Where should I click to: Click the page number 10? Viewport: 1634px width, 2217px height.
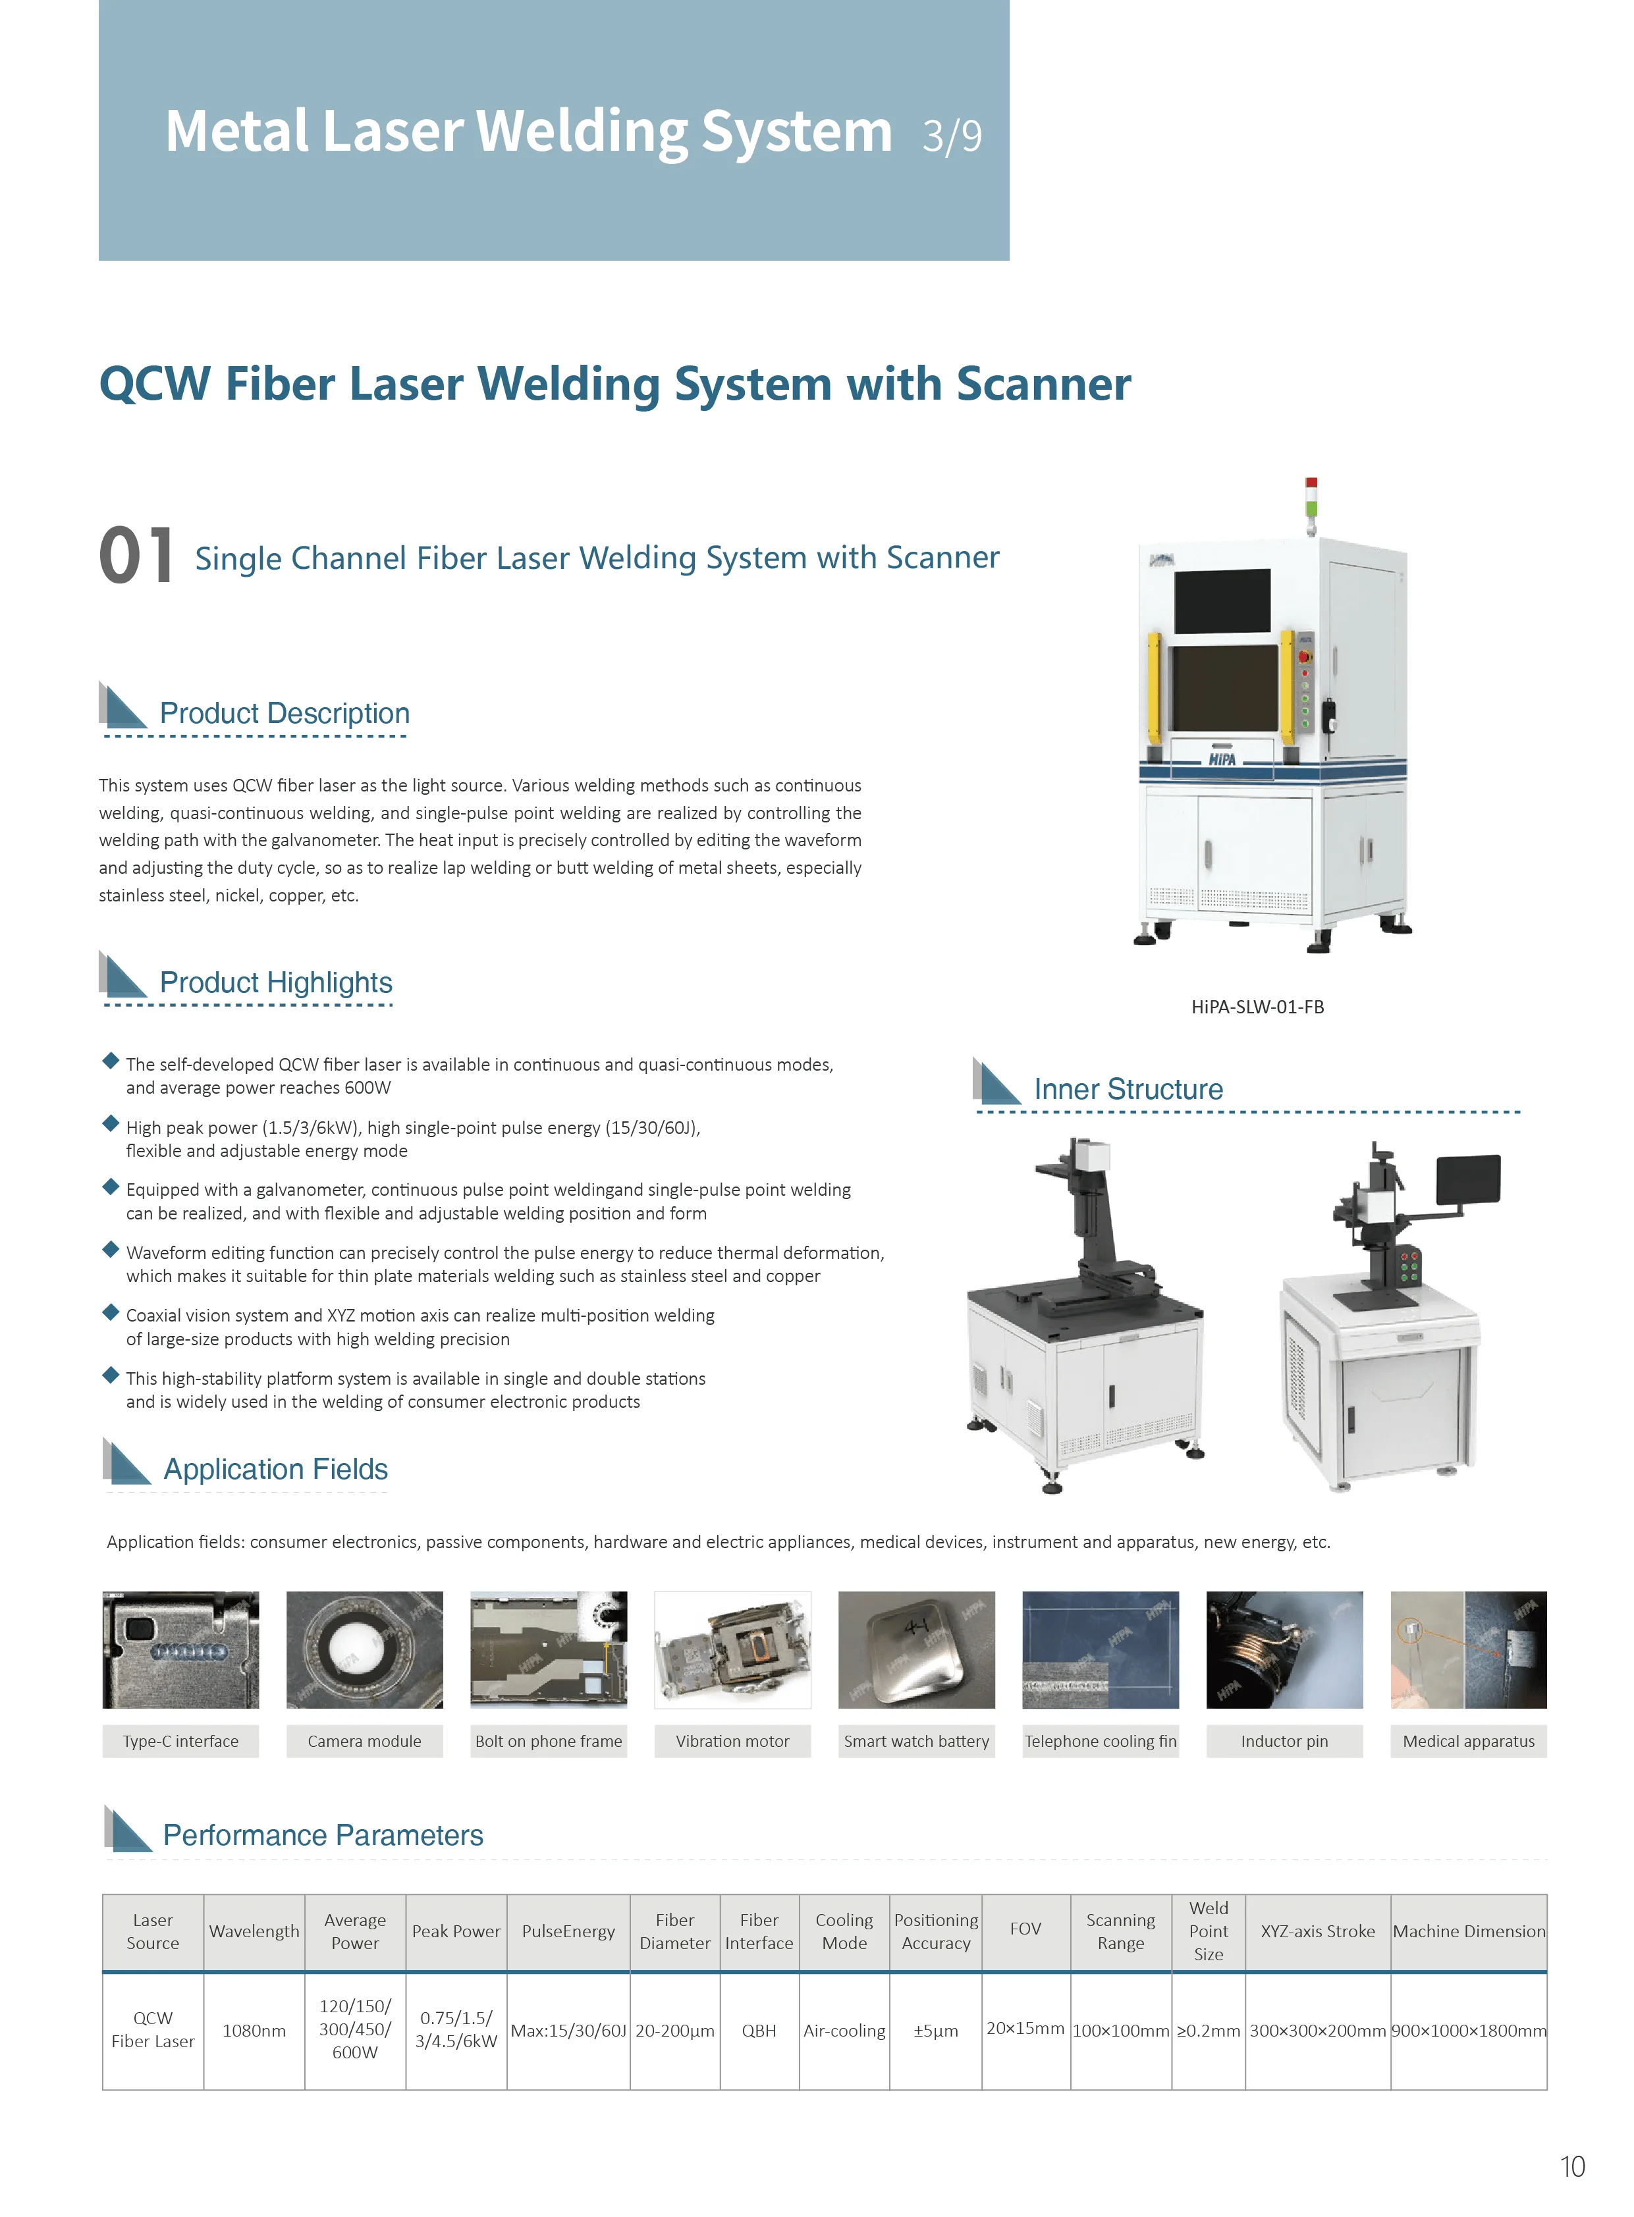click(x=1571, y=2166)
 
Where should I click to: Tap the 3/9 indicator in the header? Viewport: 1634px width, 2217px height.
click(x=952, y=136)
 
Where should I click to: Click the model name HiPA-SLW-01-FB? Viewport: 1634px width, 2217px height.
click(x=1257, y=1007)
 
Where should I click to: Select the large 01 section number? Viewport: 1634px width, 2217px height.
click(x=136, y=555)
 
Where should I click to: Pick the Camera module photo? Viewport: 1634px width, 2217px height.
click(x=364, y=1649)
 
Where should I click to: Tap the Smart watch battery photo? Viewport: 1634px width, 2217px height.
click(x=916, y=1649)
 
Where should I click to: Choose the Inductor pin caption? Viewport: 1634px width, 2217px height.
click(x=1284, y=1742)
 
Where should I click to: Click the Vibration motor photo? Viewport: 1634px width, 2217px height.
click(x=732, y=1649)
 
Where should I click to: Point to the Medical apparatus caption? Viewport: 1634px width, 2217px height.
click(x=1468, y=1742)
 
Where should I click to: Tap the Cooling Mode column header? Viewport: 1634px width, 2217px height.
click(x=844, y=1931)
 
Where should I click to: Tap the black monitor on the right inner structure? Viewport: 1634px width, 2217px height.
click(x=1468, y=1179)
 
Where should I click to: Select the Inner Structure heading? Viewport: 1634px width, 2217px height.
click(x=1128, y=1088)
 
